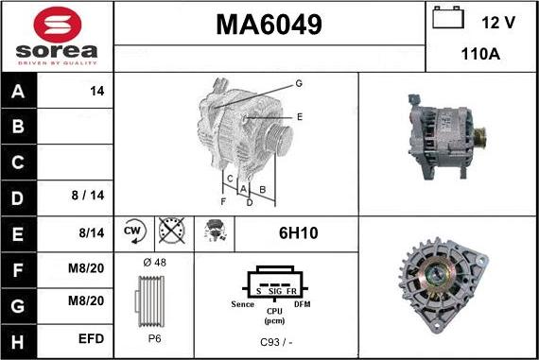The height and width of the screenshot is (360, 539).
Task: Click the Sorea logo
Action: [x=57, y=36]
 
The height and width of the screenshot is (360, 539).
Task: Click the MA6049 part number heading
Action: [x=269, y=25]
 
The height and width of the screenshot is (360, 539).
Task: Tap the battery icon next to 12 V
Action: [x=447, y=19]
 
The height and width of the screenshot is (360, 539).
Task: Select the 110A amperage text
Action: [x=480, y=54]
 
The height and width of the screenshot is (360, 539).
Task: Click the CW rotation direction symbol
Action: [x=132, y=231]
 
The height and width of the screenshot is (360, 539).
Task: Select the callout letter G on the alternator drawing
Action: [x=299, y=84]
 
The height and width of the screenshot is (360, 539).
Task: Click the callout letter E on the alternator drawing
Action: [x=300, y=116]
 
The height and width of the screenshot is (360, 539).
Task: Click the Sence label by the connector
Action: [x=242, y=304]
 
